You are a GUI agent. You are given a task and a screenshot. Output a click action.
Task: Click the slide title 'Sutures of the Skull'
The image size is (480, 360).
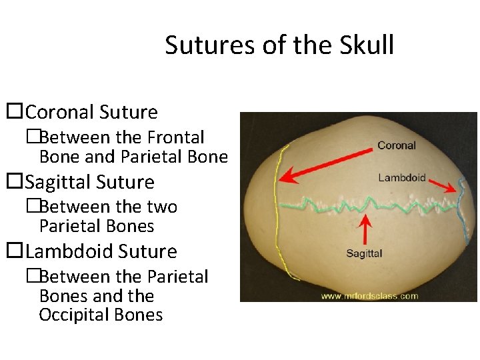coord(279,45)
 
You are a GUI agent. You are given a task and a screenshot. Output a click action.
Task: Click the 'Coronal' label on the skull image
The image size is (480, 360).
coord(396,145)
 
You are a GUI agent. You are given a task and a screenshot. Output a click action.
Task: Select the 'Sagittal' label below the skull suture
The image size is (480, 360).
coord(364,253)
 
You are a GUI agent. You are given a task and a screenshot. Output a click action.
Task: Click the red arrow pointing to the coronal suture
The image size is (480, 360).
coord(327,163)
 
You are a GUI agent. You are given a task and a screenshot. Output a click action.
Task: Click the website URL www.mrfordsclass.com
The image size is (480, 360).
coord(369,295)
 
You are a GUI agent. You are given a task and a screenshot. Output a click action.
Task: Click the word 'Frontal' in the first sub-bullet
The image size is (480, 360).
coord(175,137)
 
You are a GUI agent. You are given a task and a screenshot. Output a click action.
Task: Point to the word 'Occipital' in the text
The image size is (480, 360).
coord(69,315)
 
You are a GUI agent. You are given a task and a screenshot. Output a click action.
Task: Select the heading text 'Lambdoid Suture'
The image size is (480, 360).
coord(101,251)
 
